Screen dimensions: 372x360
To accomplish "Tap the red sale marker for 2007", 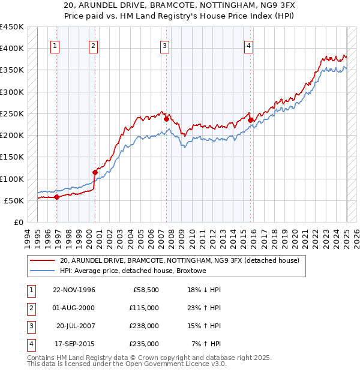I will tap(166, 119).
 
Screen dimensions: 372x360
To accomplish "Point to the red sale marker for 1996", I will tap(56, 197).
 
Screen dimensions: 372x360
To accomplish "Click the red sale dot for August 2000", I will tap(95, 172).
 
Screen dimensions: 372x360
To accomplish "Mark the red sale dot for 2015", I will tap(250, 120).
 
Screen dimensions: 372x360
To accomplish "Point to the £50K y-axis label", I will tap(14, 200).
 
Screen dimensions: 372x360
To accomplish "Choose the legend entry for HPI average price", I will tap(133, 271).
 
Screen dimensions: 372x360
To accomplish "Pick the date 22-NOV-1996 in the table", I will tap(74, 290).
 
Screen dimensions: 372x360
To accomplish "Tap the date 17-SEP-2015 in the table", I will tap(74, 344).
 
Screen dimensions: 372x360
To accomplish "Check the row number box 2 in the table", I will tap(30, 308).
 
